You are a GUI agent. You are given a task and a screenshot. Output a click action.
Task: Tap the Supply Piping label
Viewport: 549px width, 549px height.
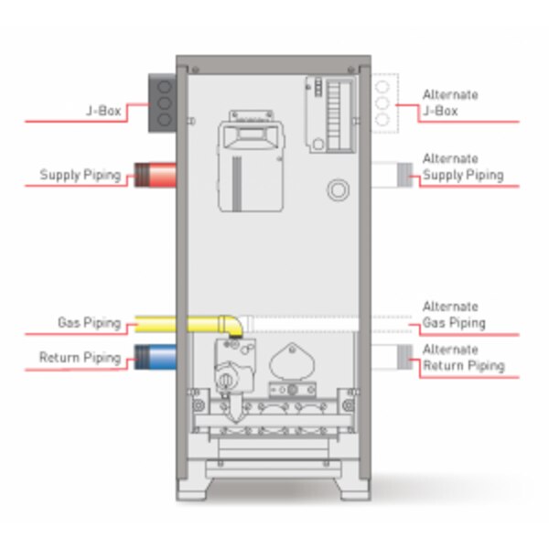pos(81,175)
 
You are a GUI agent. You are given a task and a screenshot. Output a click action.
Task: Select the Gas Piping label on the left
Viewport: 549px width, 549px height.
pos(90,322)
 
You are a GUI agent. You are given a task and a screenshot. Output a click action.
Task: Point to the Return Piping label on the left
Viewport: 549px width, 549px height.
pos(81,357)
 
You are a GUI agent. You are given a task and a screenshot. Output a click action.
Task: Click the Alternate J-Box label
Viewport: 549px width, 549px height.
pos(449,102)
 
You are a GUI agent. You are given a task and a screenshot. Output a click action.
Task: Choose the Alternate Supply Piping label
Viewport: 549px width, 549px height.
pos(462,167)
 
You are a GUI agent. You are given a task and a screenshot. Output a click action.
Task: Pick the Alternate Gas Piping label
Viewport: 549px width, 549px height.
pos(453,315)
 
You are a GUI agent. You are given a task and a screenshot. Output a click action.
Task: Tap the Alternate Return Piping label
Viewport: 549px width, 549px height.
pos(462,358)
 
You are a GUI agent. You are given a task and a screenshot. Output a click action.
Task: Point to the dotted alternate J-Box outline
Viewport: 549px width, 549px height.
pos(384,103)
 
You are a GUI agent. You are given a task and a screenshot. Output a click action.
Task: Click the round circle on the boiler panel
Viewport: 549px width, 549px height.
pos(338,188)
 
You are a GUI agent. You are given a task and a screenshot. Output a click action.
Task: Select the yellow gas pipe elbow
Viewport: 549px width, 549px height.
pos(231,324)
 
